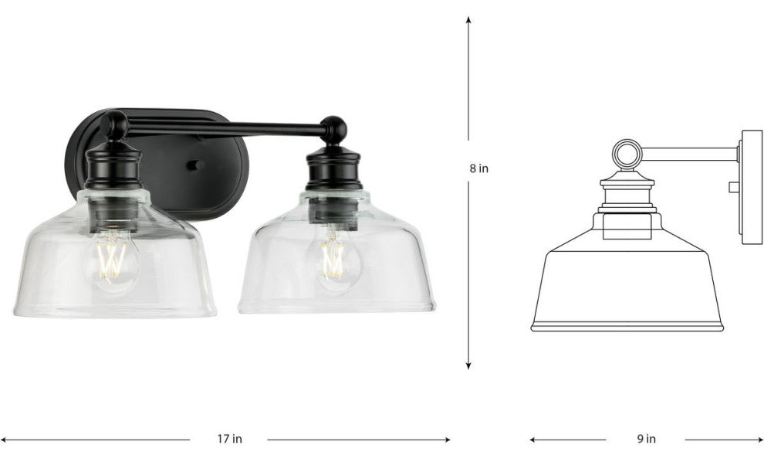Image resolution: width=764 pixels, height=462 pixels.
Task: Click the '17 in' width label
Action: coord(229,439)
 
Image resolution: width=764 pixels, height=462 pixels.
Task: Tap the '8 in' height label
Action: coord(478,168)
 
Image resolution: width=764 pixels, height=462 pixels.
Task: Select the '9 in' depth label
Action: coord(646,439)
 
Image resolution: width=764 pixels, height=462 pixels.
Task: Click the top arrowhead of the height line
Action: coord(468,20)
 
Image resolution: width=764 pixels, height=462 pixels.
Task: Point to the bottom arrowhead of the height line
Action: coord(468,365)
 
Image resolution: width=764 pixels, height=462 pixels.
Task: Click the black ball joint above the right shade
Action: coord(333,129)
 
